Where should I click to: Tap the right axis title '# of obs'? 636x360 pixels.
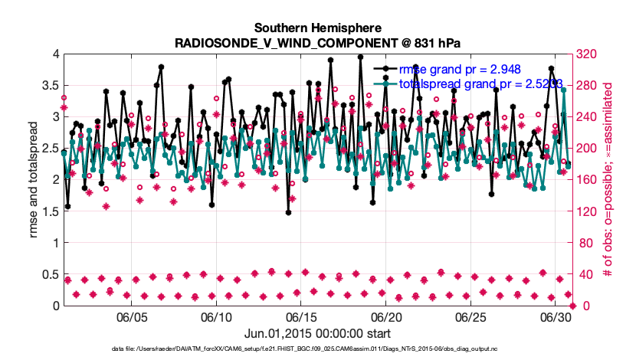tap(609, 180)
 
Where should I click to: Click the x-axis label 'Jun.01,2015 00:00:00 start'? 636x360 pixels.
tap(317, 333)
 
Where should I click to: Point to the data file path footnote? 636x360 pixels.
tap(317, 349)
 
